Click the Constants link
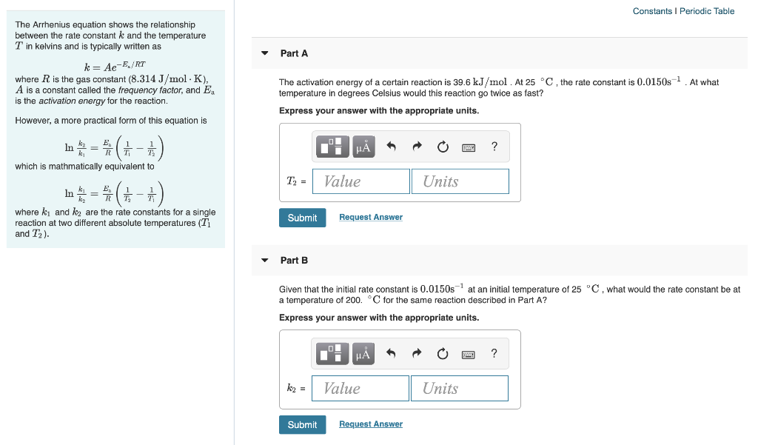coord(652,11)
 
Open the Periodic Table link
coord(707,11)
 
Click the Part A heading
coord(294,53)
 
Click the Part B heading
coord(294,260)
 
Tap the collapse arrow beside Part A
coord(265,53)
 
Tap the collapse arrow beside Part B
coord(265,260)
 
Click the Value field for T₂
coord(361,181)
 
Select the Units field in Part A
coord(460,181)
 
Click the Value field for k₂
coord(360,388)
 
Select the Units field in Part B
coord(459,388)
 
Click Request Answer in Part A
coord(371,217)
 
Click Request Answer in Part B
coord(371,424)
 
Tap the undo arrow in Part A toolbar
coord(392,147)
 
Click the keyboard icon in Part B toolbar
coord(469,354)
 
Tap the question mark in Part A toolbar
coord(494,147)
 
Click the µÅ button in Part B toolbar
coord(363,354)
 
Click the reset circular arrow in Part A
coord(443,147)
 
